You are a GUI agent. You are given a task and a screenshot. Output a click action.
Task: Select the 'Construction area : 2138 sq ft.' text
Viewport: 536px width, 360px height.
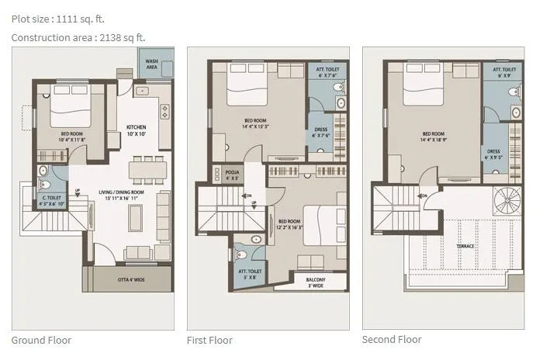coord(78,36)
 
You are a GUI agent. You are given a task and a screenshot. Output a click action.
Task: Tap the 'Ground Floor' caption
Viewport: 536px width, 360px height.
coord(41,340)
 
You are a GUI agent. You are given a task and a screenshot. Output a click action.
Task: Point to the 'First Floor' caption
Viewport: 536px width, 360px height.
coord(209,340)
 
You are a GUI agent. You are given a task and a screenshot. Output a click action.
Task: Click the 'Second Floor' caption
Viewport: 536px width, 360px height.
coord(392,339)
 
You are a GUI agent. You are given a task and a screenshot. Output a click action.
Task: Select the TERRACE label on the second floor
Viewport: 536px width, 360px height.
coord(465,246)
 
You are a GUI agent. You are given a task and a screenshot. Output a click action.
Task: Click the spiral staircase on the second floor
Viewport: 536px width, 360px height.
coord(509,201)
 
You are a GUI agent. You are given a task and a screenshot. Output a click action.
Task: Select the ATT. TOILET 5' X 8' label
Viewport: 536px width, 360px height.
coord(248,273)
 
